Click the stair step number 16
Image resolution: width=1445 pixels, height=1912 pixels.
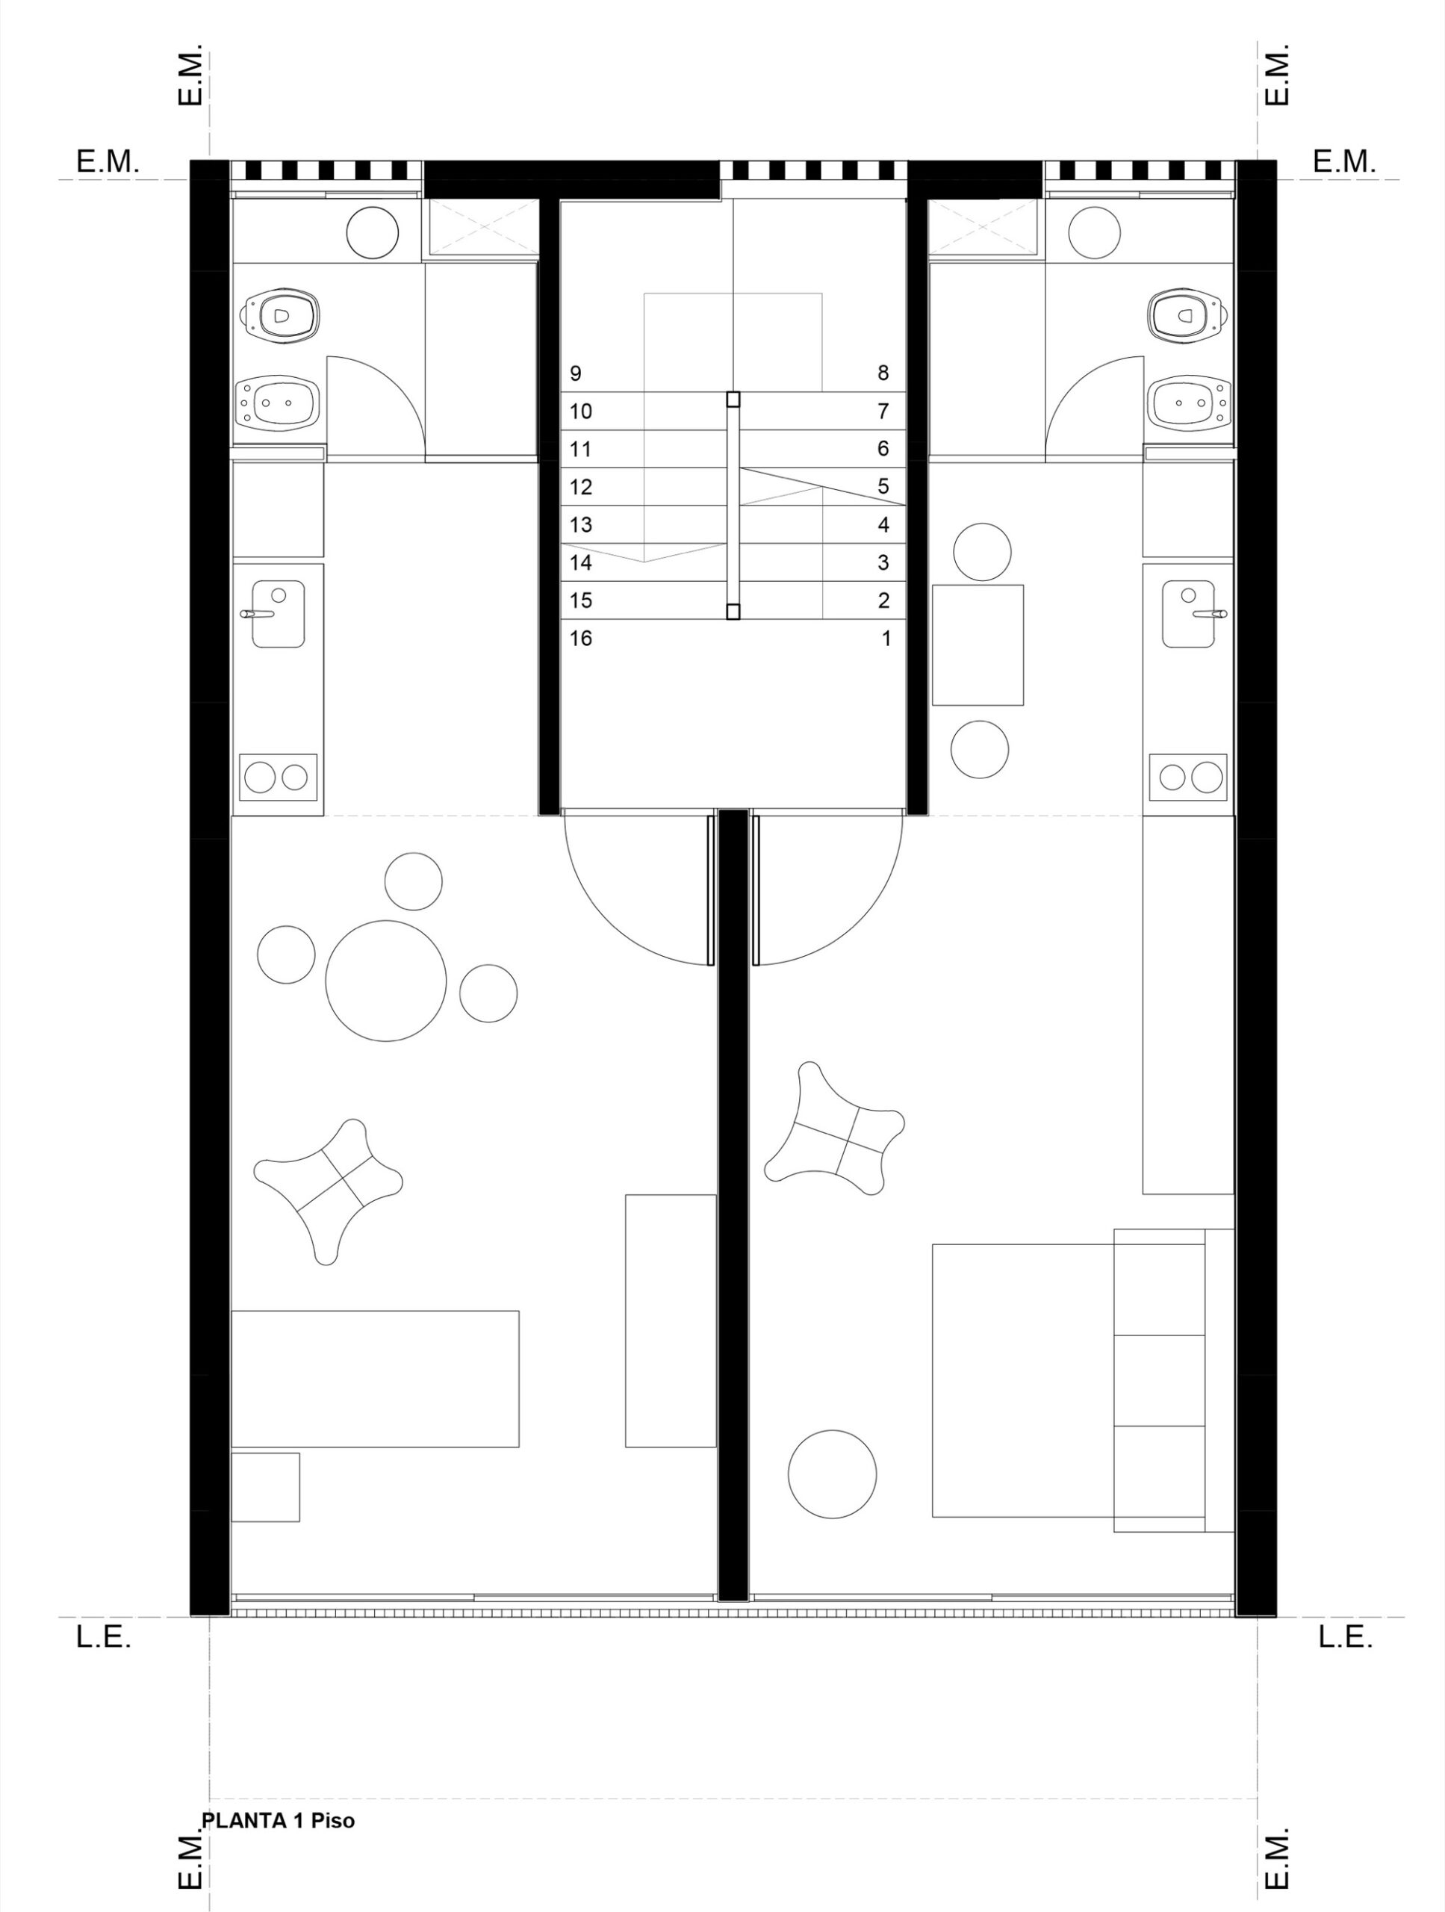(581, 639)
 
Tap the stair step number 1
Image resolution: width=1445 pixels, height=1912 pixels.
(886, 639)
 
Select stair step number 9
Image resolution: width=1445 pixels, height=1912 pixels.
(576, 373)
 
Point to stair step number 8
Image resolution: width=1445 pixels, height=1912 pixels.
(883, 373)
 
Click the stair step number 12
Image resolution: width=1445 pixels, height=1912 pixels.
(581, 487)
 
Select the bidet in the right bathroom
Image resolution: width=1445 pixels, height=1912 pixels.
(1188, 402)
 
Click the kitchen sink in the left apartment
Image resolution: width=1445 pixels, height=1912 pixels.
(277, 614)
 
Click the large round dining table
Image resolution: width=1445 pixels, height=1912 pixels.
(385, 981)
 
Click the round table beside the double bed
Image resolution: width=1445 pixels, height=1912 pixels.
(832, 1474)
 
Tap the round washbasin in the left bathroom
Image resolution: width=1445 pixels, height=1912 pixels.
(373, 232)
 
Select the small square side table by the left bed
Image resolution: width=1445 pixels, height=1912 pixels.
(265, 1487)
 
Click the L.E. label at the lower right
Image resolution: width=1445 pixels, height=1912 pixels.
(1345, 1637)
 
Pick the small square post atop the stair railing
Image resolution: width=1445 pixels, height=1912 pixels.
(733, 399)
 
